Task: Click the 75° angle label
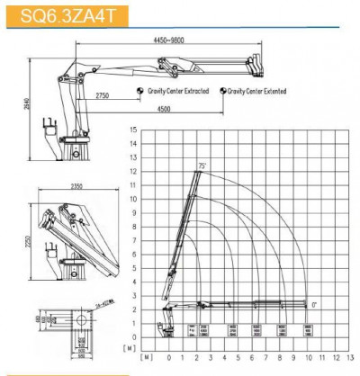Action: pyautogui.click(x=203, y=165)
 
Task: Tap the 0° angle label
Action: pyautogui.click(x=313, y=304)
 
